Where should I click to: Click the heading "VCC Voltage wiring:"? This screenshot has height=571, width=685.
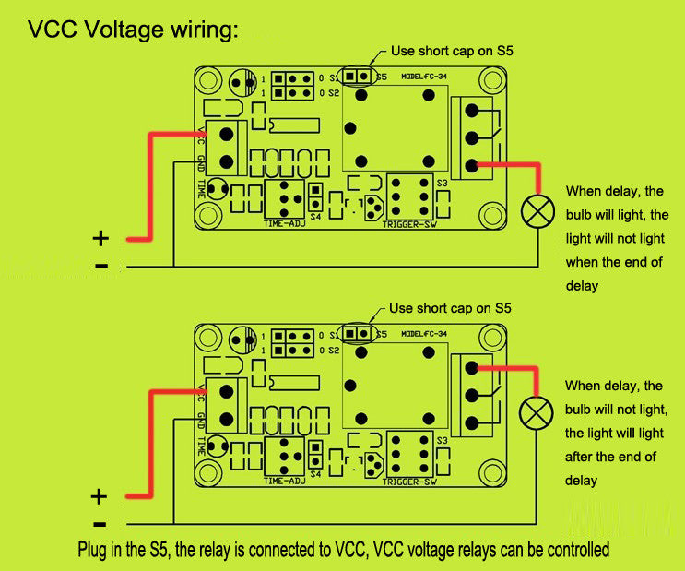[133, 30]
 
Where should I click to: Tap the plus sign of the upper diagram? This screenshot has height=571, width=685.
[100, 239]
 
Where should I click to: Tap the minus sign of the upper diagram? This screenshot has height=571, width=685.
[100, 268]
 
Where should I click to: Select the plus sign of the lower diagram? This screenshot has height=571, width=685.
[100, 497]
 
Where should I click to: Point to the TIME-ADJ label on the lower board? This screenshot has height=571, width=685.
[284, 482]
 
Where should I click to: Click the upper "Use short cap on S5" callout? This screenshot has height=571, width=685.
[451, 52]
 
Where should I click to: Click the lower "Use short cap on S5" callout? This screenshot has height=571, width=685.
[450, 309]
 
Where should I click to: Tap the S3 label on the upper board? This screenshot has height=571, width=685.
[443, 183]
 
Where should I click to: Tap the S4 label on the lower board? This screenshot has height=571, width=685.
[315, 474]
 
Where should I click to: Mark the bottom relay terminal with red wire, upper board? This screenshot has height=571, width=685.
[472, 166]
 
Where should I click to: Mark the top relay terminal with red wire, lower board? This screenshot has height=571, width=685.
[472, 368]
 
